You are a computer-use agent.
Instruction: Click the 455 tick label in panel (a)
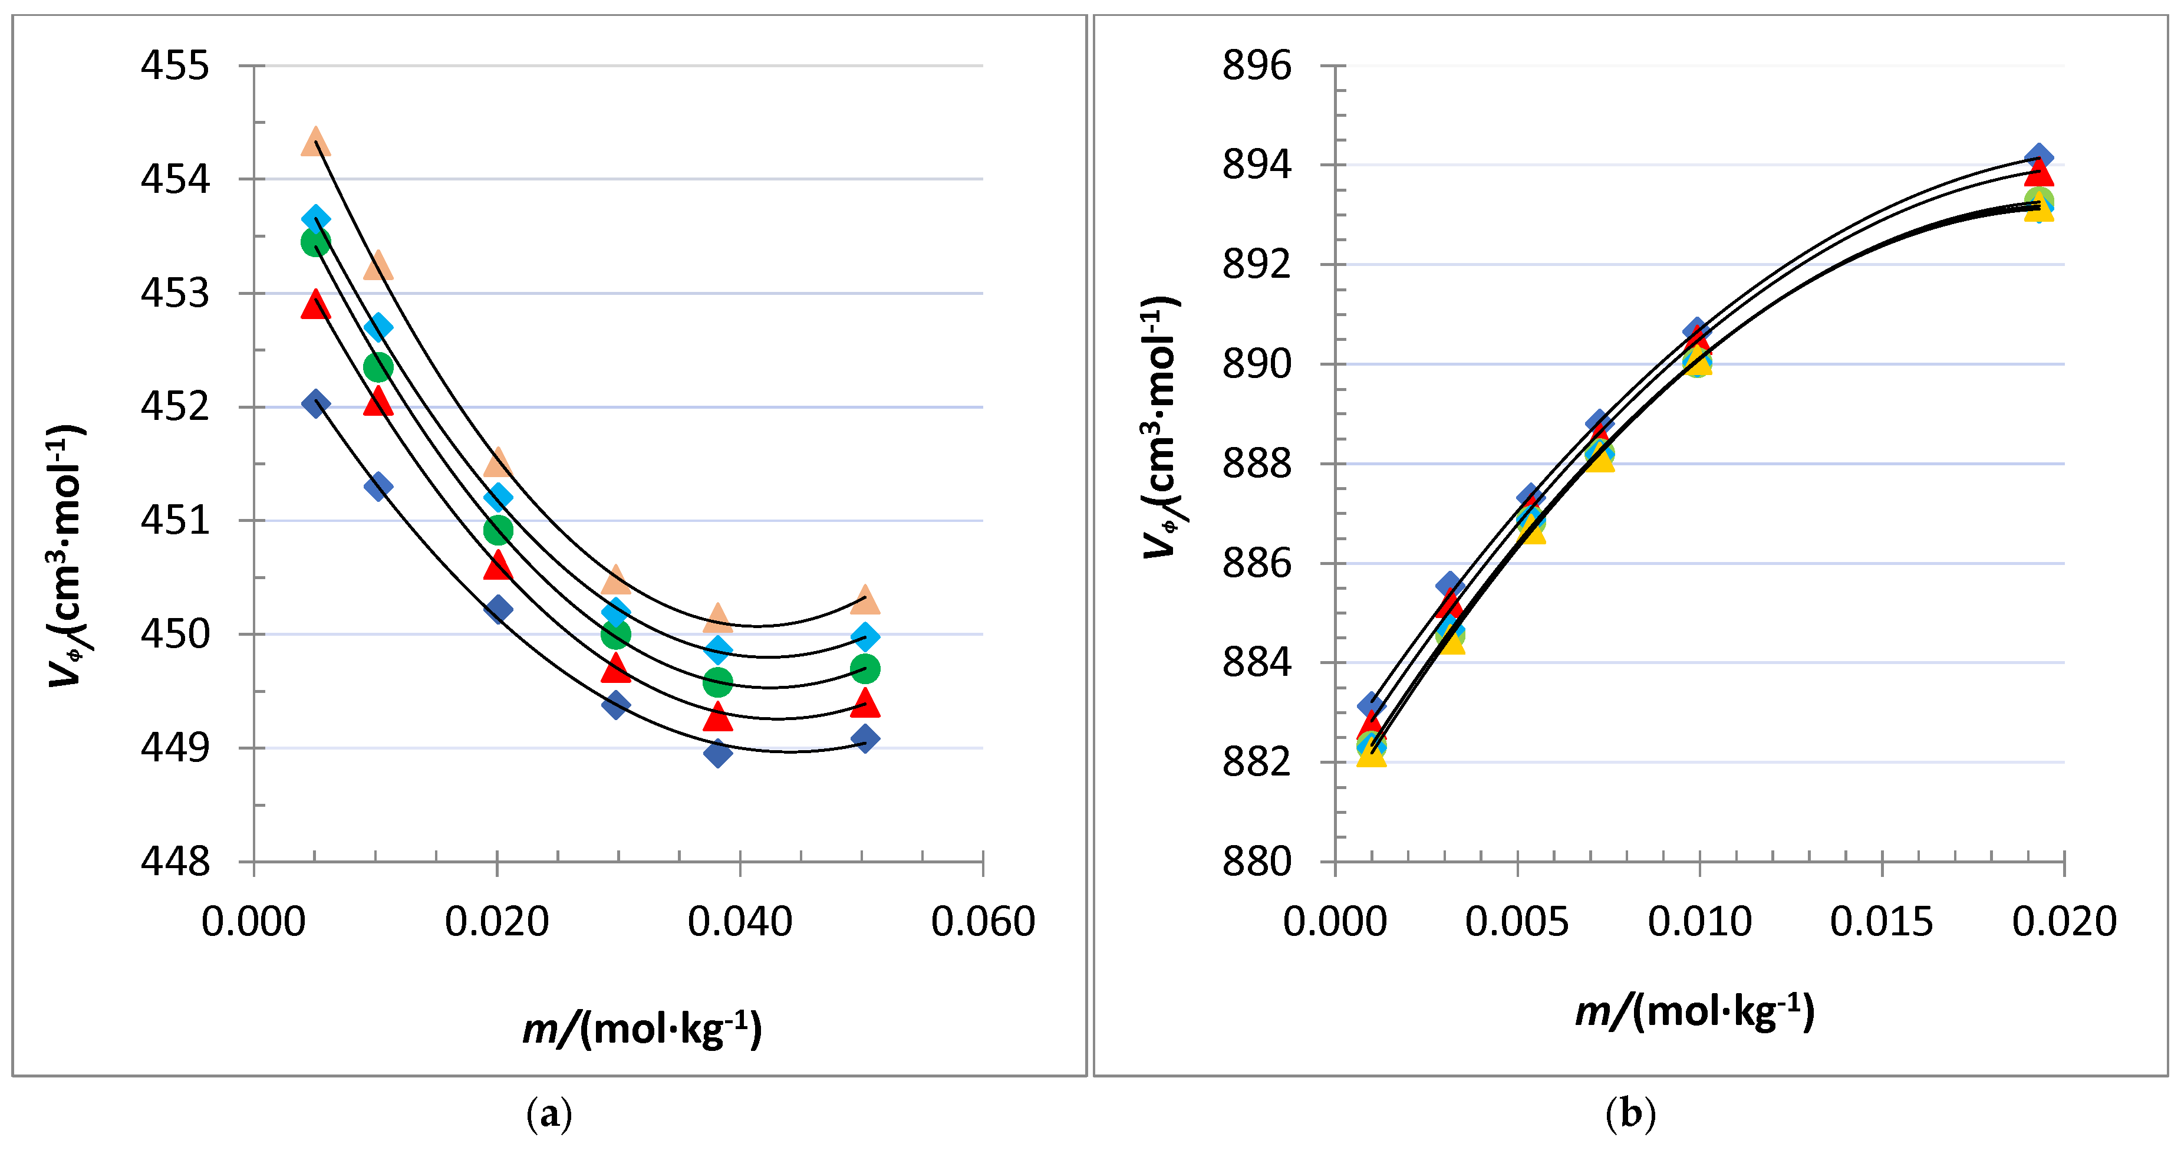point(174,66)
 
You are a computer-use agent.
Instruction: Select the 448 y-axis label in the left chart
point(174,862)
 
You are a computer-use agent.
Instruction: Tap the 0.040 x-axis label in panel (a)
point(739,921)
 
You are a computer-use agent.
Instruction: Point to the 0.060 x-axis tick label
point(982,921)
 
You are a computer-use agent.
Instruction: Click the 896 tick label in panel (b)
point(1257,66)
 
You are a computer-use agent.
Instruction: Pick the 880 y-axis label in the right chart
point(1257,862)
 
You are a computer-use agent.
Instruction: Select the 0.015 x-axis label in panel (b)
point(1882,921)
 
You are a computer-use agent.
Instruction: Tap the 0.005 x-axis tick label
point(1517,921)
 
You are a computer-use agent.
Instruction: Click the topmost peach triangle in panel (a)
point(315,142)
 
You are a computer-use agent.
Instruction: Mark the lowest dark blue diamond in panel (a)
point(718,753)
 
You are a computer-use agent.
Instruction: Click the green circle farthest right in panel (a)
point(864,669)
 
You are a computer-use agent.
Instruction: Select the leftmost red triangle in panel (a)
point(315,305)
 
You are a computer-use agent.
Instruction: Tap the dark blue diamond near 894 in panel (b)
point(2038,157)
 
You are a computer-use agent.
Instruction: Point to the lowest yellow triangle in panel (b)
point(1370,754)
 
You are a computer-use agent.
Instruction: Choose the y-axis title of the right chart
point(1161,428)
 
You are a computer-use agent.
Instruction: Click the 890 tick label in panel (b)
point(1257,364)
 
